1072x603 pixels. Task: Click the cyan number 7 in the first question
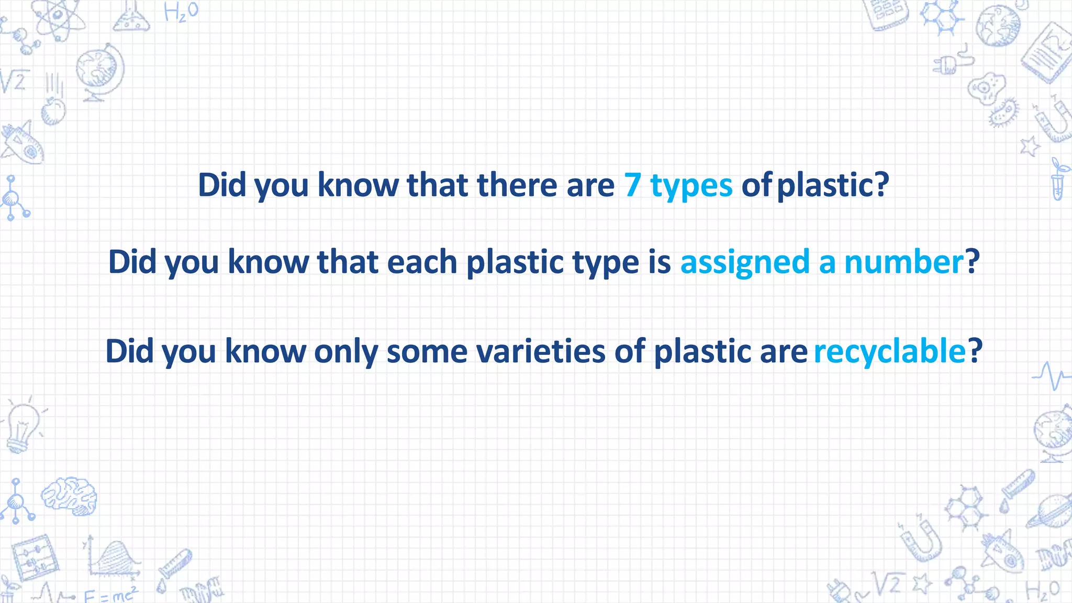click(632, 185)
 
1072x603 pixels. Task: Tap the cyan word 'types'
click(691, 186)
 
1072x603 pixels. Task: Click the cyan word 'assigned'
click(744, 262)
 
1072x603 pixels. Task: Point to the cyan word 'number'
click(903, 262)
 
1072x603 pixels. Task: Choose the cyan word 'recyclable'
click(889, 351)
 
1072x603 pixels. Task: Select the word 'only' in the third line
click(345, 352)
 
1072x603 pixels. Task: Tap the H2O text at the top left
click(181, 13)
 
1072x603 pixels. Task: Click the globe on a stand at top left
click(99, 71)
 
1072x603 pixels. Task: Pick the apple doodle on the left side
click(53, 111)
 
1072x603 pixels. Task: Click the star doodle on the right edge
click(1030, 146)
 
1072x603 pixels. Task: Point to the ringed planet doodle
click(1049, 510)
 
